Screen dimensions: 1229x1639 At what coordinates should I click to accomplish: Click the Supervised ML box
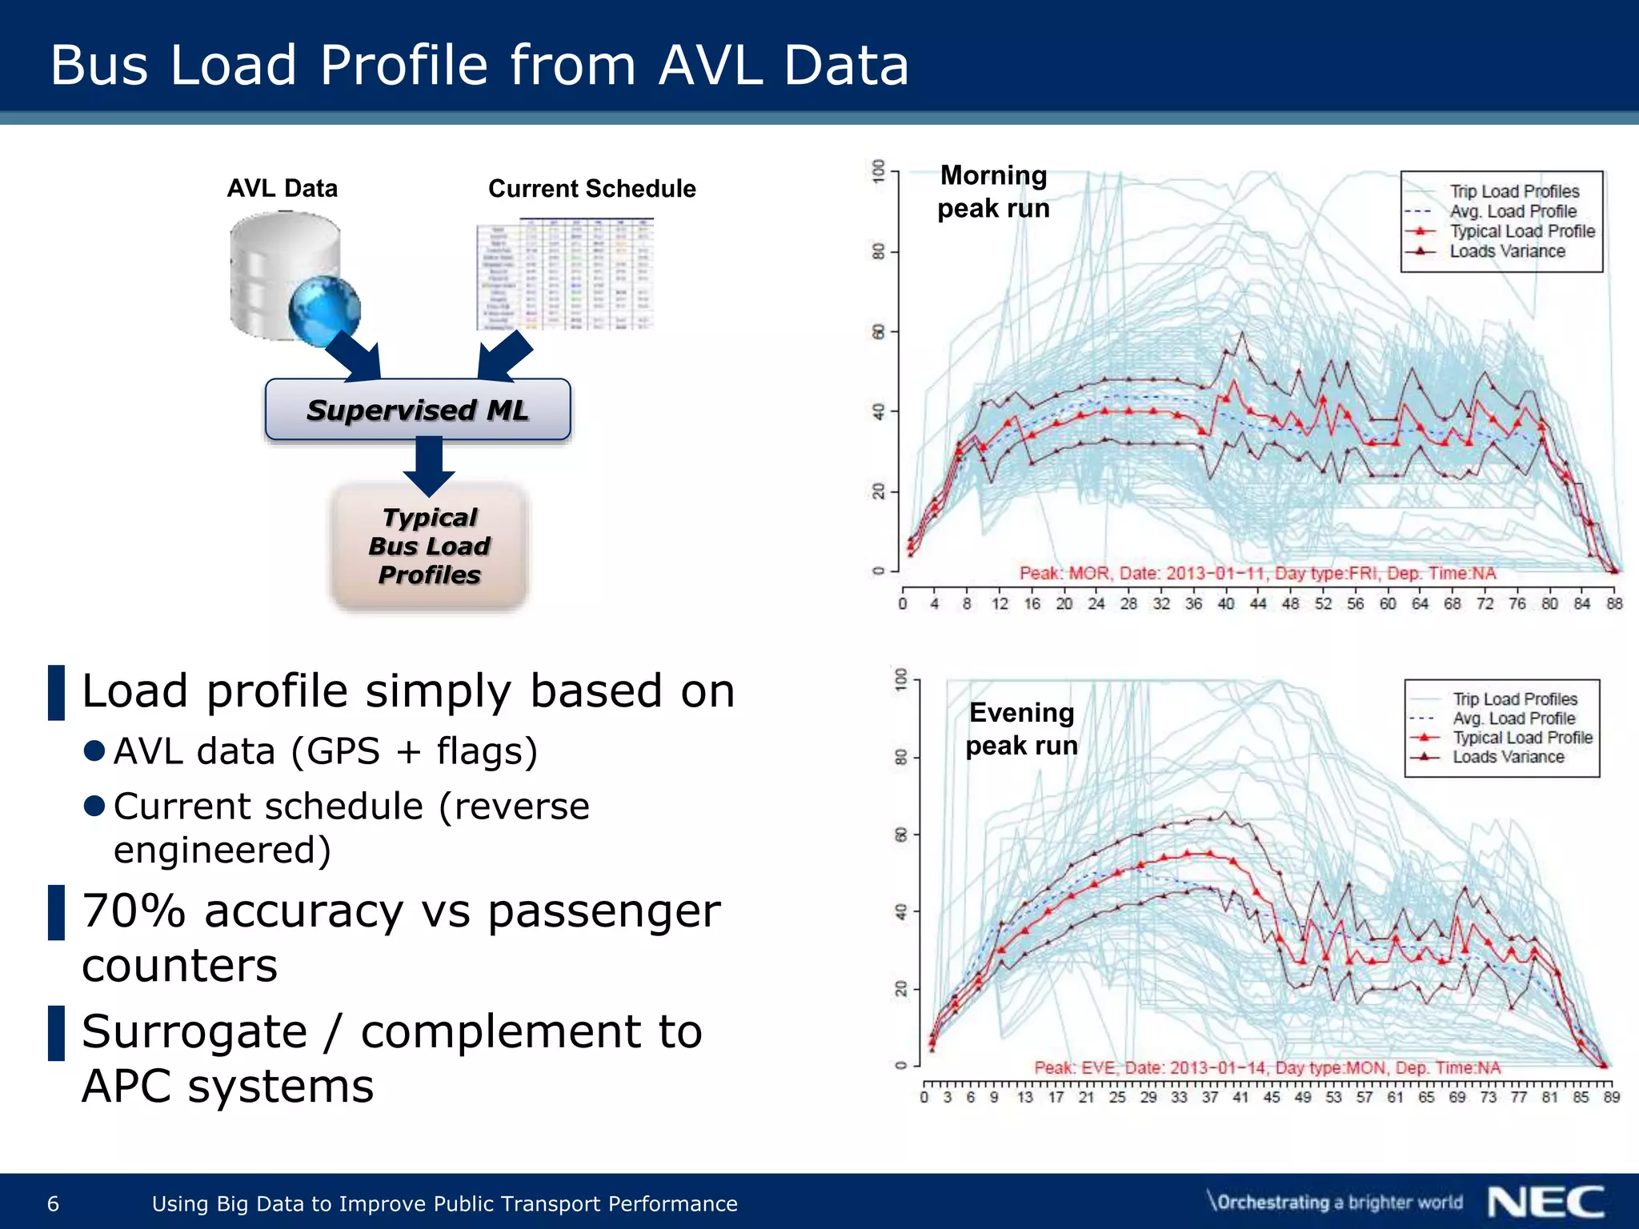(x=417, y=410)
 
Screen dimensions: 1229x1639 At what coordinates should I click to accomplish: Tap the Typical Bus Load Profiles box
(x=429, y=546)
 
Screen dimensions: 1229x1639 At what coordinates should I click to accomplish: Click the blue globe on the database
(x=324, y=310)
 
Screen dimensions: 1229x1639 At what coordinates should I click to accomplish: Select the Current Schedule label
(x=591, y=189)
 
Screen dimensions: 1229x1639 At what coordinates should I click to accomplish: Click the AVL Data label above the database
(x=283, y=189)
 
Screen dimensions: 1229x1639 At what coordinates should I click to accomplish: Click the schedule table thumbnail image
(x=565, y=274)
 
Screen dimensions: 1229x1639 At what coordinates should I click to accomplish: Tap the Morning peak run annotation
(x=993, y=192)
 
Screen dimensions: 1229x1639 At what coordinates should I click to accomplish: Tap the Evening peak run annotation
(x=1021, y=729)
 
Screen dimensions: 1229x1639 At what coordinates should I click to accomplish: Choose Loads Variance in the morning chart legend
(x=1507, y=251)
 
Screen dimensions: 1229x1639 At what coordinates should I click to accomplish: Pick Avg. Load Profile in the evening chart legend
(x=1513, y=719)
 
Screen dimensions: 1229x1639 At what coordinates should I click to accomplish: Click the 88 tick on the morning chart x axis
(x=1614, y=604)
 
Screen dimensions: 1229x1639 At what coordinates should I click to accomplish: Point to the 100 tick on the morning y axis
(x=880, y=170)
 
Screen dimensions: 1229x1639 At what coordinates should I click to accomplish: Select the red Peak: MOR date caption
(x=1257, y=574)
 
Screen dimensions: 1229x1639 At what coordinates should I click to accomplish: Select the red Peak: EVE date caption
(x=1267, y=1068)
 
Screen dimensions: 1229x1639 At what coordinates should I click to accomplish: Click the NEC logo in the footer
(x=1545, y=1203)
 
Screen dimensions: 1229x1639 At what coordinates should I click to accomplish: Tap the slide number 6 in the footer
(x=54, y=1203)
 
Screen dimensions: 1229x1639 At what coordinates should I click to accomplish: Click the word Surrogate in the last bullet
(x=194, y=1032)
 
